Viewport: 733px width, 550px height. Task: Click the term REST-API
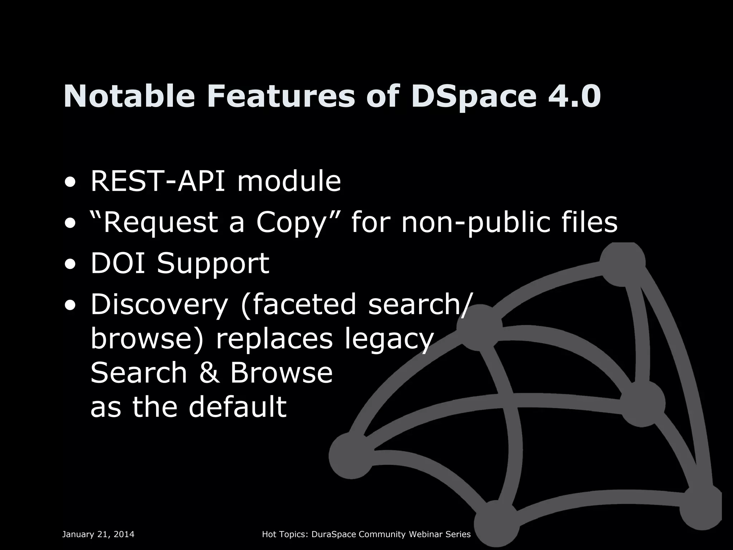point(158,181)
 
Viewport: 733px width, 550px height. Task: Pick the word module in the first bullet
point(289,181)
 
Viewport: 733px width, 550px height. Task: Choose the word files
point(587,222)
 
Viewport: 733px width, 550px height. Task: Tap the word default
point(238,407)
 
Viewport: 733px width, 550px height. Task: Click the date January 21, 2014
point(98,535)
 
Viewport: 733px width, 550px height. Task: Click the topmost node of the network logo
point(622,264)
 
